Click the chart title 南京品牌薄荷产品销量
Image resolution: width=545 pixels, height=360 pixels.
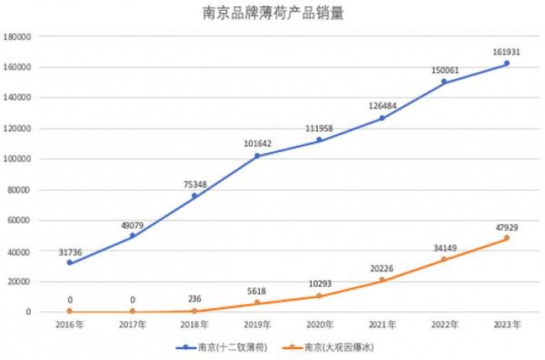[272, 13]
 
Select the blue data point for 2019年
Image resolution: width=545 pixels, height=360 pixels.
[257, 156]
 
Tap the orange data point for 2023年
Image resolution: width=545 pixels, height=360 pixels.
[506, 238]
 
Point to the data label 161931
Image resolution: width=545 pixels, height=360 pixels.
[506, 52]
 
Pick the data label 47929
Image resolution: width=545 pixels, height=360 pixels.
[506, 227]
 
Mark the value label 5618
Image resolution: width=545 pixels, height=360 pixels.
[257, 292]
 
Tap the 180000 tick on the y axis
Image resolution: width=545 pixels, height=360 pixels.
[17, 36]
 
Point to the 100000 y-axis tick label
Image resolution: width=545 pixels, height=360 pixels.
[17, 159]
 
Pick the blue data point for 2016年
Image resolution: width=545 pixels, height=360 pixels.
[70, 263]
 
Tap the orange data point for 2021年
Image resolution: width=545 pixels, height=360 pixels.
[381, 280]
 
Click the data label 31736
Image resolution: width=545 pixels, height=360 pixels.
[70, 252]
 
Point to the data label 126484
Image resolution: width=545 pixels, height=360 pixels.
[381, 107]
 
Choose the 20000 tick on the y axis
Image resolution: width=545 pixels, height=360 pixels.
[19, 282]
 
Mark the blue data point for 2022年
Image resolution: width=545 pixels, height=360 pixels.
[444, 81]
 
